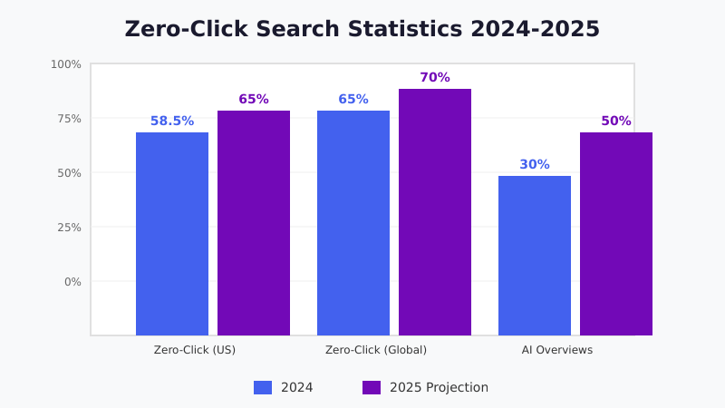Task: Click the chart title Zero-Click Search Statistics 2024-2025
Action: (x=362, y=29)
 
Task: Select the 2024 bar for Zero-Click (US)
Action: (x=172, y=234)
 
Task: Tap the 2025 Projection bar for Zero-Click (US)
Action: (x=254, y=223)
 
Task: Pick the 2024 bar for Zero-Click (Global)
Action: (x=353, y=223)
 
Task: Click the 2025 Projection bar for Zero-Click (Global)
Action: (x=435, y=212)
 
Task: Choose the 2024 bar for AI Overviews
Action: (x=535, y=256)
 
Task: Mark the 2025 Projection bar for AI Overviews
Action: (x=616, y=234)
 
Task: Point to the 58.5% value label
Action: (x=172, y=121)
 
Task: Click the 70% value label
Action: (x=435, y=78)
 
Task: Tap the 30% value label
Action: (x=535, y=165)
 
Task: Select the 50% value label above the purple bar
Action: (x=616, y=121)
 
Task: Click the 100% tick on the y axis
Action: (x=66, y=64)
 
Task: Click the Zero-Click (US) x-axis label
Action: (x=195, y=350)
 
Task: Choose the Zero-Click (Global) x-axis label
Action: (x=376, y=350)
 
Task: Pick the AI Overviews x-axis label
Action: (x=557, y=350)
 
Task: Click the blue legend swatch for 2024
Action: (x=263, y=388)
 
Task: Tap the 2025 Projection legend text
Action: (x=439, y=388)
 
